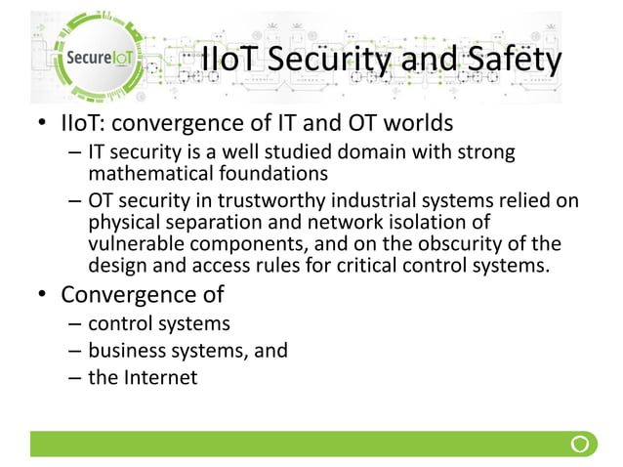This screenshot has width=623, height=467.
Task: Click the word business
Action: click(x=125, y=350)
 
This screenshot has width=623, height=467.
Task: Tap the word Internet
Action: click(x=159, y=377)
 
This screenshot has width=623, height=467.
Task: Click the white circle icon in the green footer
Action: click(x=580, y=445)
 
